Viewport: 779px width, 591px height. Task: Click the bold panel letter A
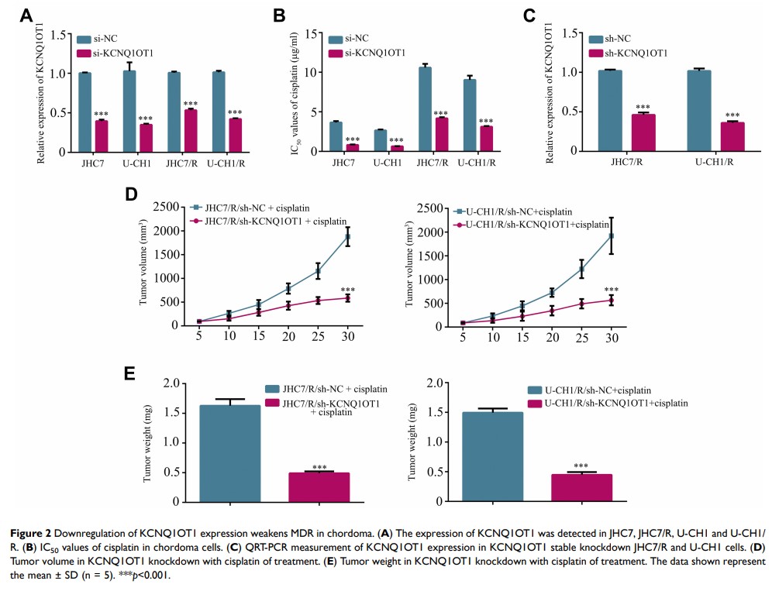[x=26, y=15]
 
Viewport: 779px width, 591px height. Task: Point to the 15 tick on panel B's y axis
[x=310, y=33]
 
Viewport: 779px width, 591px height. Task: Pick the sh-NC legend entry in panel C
[x=616, y=38]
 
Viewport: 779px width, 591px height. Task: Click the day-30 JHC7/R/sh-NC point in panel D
[x=347, y=236]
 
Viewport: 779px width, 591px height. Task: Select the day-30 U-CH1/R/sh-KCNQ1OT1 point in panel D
[x=611, y=300]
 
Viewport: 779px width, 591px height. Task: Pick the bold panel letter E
[x=133, y=374]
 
